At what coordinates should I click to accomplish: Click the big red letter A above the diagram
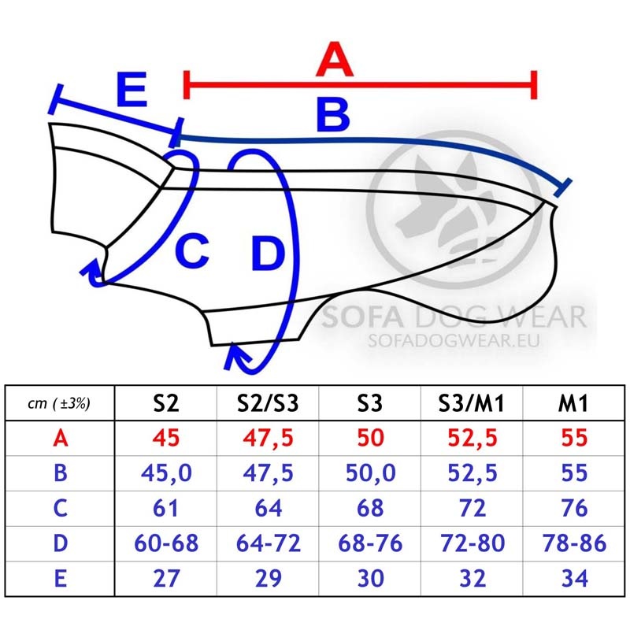tap(335, 59)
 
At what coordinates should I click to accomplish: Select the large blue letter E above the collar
tap(132, 89)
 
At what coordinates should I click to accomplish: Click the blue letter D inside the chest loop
tap(268, 253)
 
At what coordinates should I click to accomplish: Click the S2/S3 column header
tap(268, 403)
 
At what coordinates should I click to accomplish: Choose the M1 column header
tap(573, 403)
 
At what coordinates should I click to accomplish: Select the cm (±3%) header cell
tap(59, 403)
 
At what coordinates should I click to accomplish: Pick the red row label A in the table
tap(61, 438)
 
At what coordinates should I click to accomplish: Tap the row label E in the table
tap(61, 579)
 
